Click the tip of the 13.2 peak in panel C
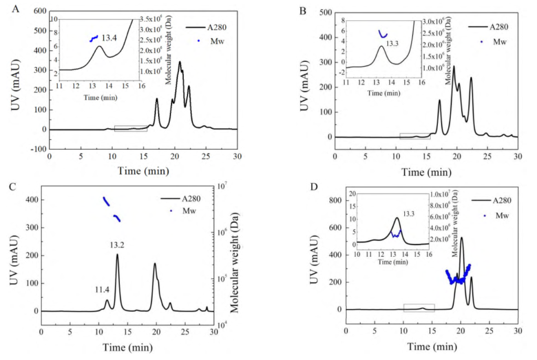point(117,254)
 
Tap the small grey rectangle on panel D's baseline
point(419,308)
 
